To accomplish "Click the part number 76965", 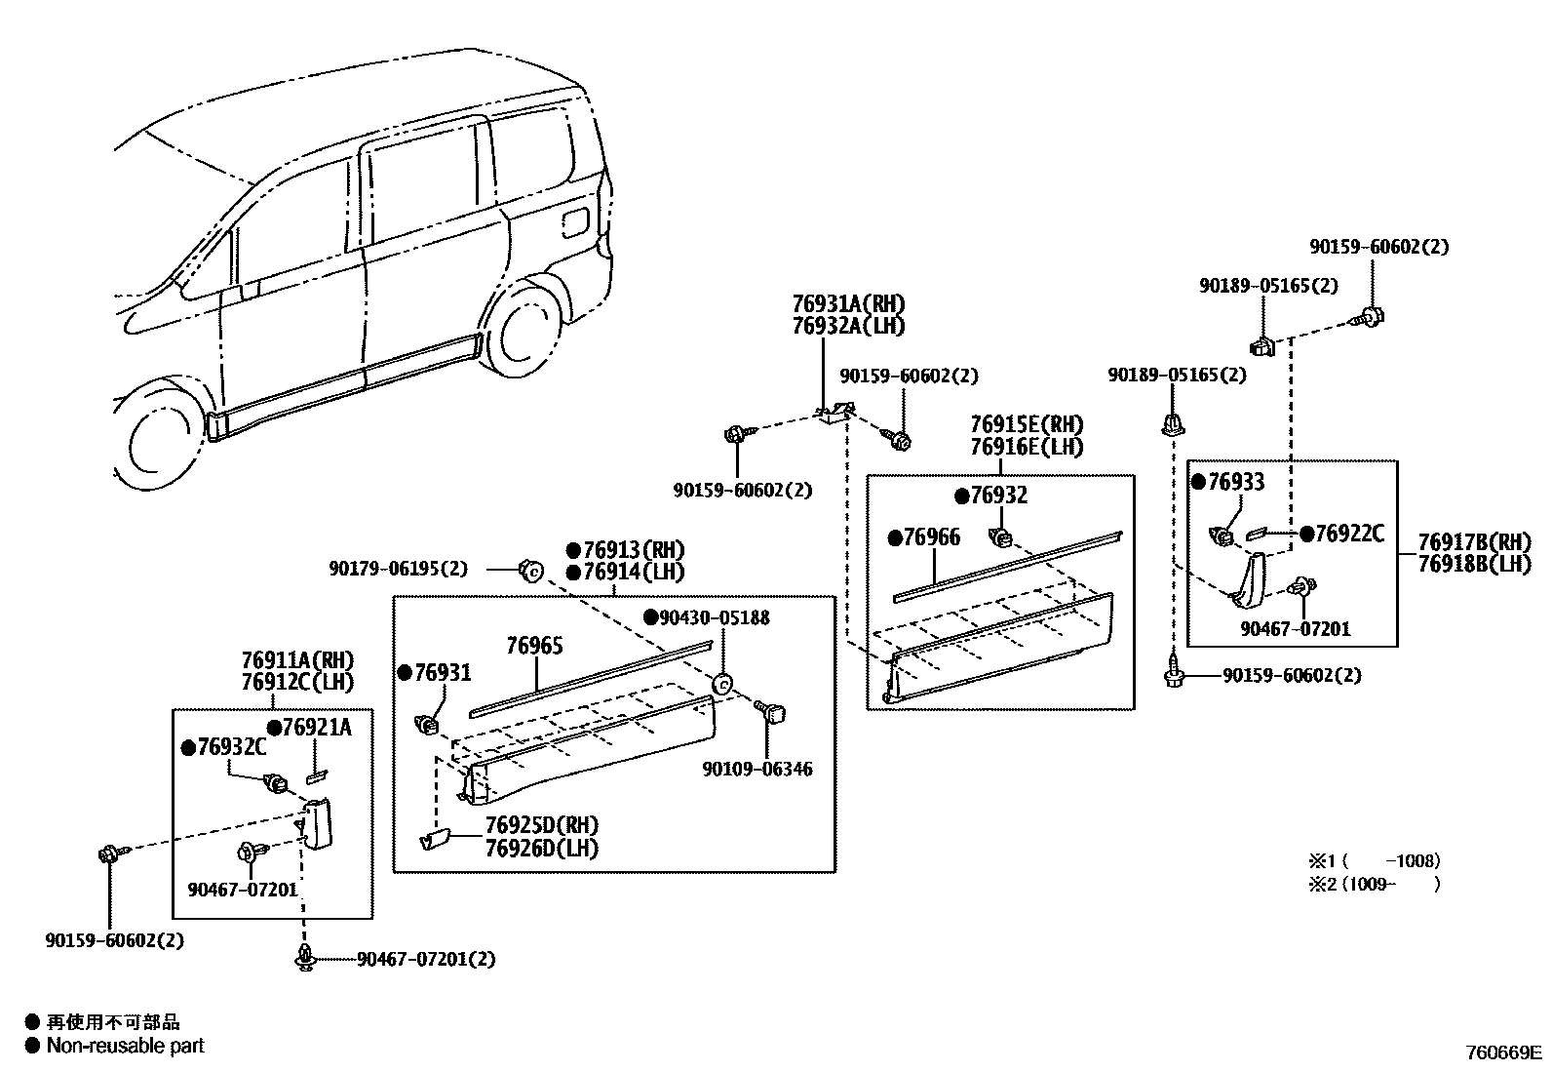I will tap(534, 647).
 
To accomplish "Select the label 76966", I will tap(931, 538).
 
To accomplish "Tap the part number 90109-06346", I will tap(757, 769).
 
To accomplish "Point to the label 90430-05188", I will tap(715, 617).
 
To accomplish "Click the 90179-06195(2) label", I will tap(398, 568).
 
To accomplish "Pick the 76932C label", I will tap(231, 746).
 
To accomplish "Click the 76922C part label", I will tap(1348, 534).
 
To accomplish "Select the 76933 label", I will tap(1235, 482).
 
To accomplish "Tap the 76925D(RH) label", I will tap(541, 826).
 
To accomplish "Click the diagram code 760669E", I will tap(1504, 1052).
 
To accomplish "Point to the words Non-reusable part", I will tap(126, 1046).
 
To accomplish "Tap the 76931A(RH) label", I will tap(848, 303).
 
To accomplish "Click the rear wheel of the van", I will tap(528, 330).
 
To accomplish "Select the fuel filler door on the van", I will tap(575, 221).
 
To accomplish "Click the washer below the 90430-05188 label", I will tap(722, 684).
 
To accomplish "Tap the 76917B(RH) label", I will tap(1474, 542).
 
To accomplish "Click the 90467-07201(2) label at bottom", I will tap(425, 959).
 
